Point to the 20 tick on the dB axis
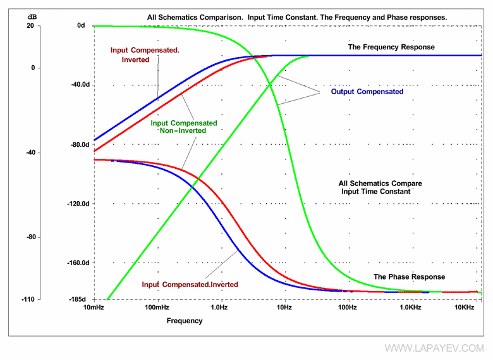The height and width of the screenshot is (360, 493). [x=30, y=26]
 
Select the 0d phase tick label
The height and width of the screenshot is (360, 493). [x=81, y=26]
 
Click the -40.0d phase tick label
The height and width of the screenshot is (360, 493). [x=80, y=85]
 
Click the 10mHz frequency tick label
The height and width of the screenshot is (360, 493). [x=94, y=307]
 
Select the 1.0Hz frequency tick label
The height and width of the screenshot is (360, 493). [x=219, y=307]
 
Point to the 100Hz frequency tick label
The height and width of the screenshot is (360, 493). [x=347, y=307]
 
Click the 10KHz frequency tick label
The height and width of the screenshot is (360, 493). [x=464, y=307]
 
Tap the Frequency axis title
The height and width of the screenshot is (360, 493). [x=185, y=321]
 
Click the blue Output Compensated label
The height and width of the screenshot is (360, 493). [x=367, y=92]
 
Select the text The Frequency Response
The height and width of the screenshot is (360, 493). [x=391, y=47]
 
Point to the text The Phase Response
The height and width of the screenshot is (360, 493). [x=409, y=277]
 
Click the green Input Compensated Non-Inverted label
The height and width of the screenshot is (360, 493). [x=184, y=127]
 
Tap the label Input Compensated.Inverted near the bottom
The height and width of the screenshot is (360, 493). [x=190, y=285]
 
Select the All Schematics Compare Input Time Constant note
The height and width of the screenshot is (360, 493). [x=380, y=187]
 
